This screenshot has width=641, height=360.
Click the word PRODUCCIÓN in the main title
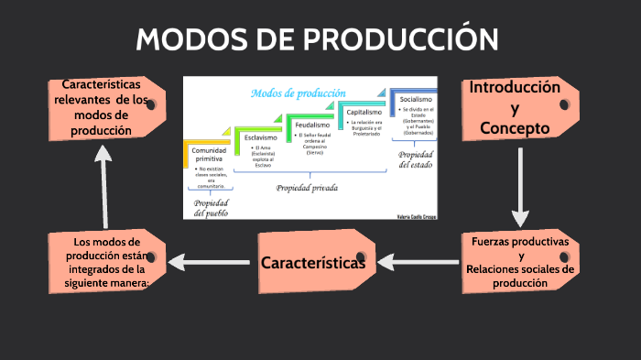(x=402, y=39)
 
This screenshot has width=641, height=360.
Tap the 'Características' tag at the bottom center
(x=314, y=263)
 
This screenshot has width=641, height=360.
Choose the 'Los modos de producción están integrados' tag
(x=106, y=263)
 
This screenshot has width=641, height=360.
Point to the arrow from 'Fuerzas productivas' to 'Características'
(x=420, y=264)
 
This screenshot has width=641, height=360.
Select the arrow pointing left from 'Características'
(x=212, y=264)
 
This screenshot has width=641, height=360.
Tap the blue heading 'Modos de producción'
(x=298, y=93)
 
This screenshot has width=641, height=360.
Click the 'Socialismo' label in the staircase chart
(x=416, y=99)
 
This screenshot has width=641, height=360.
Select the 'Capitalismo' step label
(x=364, y=112)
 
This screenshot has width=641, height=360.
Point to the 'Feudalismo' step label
(x=312, y=125)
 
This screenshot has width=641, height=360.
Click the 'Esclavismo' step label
(x=261, y=137)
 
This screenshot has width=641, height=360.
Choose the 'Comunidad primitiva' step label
(x=209, y=155)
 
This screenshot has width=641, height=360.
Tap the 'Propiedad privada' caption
(x=308, y=188)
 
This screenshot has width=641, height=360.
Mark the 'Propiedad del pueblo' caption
(x=211, y=208)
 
